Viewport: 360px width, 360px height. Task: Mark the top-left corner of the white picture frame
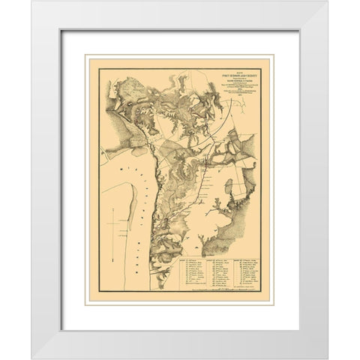32,1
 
